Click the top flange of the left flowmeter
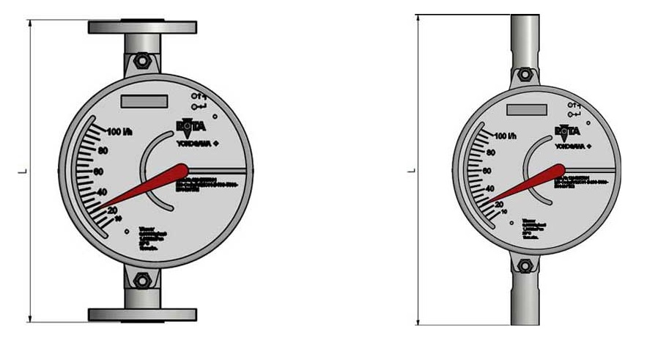(142, 28)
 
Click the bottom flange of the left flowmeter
(142, 315)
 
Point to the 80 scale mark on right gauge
(490, 154)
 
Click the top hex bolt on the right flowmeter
(525, 74)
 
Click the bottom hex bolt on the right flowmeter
(524, 267)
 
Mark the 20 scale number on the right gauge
(499, 204)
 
